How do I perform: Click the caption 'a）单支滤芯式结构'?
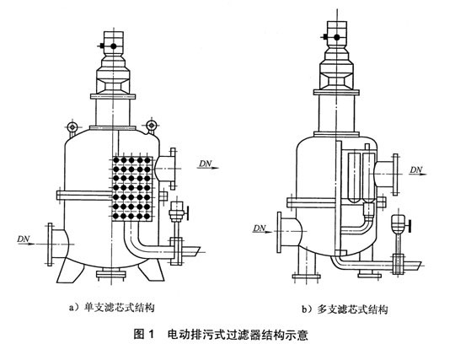(112, 308)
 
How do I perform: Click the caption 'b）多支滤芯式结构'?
(345, 309)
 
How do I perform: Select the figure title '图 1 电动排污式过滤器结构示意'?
(221, 335)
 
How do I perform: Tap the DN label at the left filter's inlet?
(24, 239)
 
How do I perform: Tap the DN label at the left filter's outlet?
(206, 164)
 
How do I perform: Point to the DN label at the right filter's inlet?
(260, 228)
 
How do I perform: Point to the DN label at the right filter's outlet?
(416, 169)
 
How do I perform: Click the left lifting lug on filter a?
(72, 126)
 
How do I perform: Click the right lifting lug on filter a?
(151, 126)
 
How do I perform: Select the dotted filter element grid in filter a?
(132, 188)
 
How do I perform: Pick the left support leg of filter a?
(70, 270)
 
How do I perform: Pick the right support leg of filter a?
(151, 269)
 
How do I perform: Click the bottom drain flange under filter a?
(111, 274)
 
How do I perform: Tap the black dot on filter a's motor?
(113, 46)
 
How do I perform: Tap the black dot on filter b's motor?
(336, 37)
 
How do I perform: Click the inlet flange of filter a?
(50, 244)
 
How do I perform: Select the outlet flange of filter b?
(395, 175)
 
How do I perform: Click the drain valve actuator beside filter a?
(178, 211)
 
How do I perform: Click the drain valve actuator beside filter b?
(401, 223)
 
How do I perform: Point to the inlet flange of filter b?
(279, 232)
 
